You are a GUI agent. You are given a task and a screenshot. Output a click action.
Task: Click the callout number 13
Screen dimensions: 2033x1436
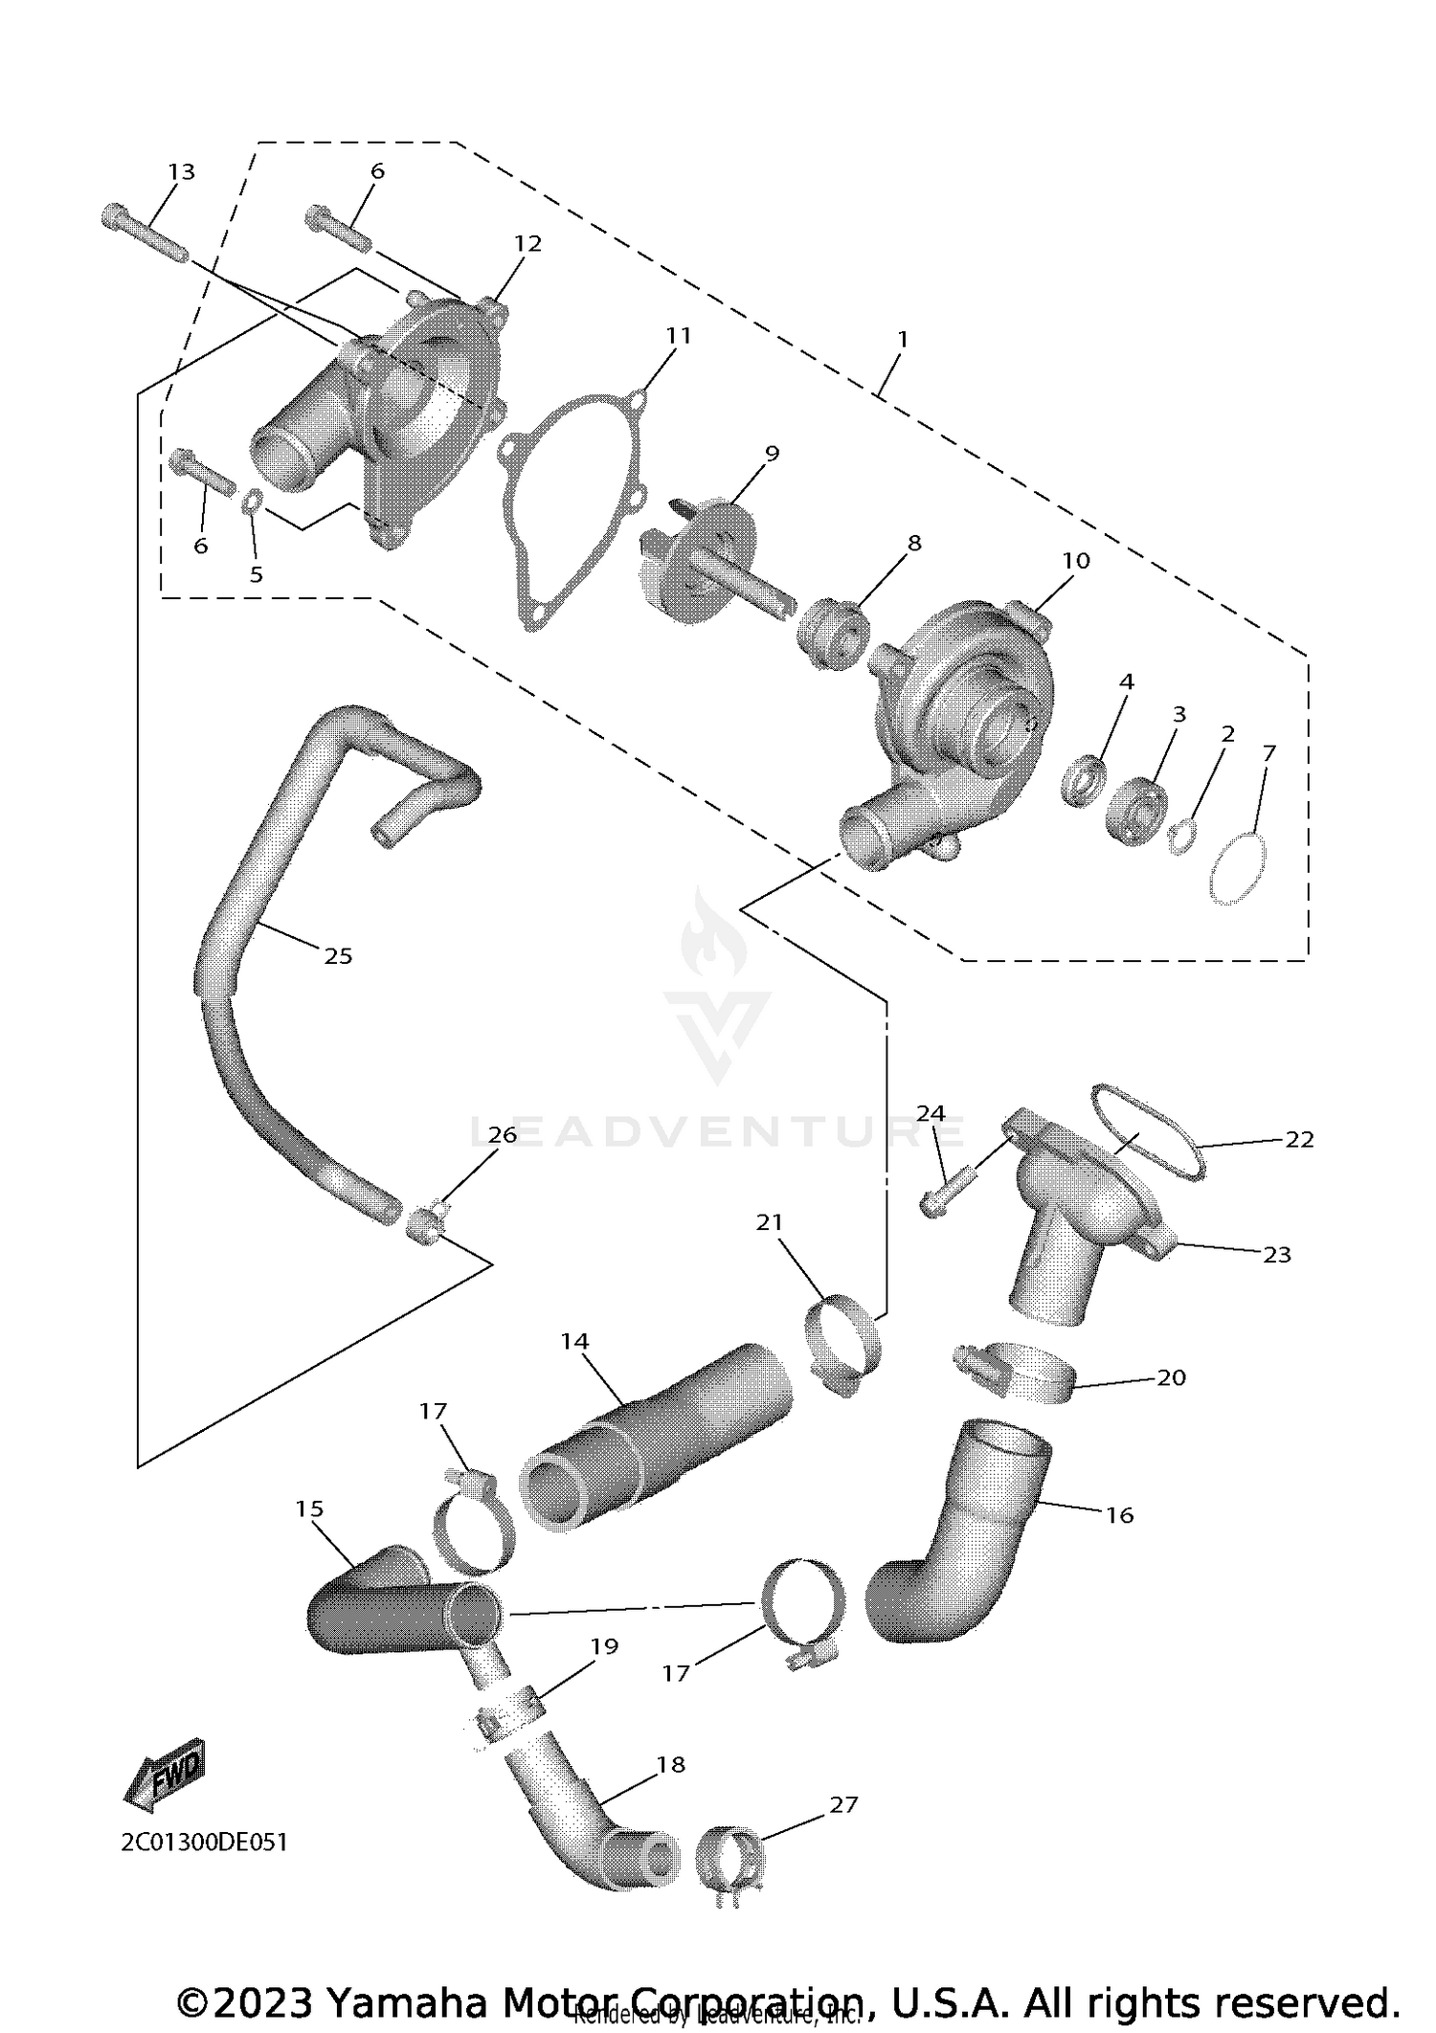(x=181, y=172)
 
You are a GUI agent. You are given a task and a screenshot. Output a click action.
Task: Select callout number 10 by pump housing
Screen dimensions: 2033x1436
(x=1076, y=562)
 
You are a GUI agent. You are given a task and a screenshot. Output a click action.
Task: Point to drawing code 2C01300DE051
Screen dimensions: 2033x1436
(x=204, y=1843)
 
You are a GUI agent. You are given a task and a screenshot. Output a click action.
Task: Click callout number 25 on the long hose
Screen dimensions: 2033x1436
(x=338, y=956)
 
